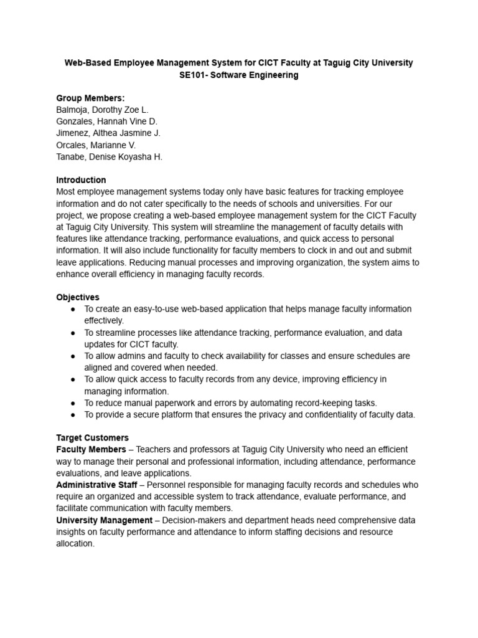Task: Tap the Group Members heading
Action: [90, 98]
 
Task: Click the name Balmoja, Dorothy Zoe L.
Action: [102, 110]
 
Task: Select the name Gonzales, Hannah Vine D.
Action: [106, 121]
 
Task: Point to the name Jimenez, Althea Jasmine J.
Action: [108, 133]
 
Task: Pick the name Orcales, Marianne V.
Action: [95, 145]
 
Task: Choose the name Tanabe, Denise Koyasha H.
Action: [109, 157]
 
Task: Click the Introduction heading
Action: [81, 180]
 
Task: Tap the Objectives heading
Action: [78, 297]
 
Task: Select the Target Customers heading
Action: [92, 438]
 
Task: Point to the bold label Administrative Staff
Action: [96, 485]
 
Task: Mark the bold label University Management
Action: [104, 520]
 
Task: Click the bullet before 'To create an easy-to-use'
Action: [73, 309]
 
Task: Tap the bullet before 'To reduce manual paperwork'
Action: [73, 403]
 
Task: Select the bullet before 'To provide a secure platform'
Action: [73, 415]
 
